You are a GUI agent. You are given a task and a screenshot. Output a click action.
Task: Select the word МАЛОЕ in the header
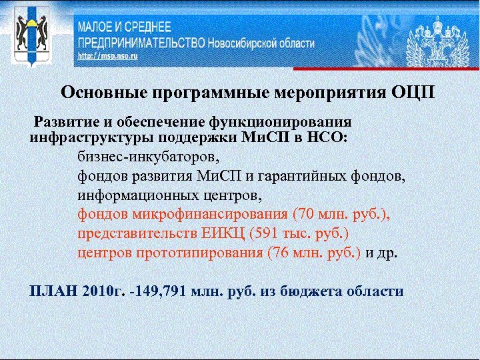tap(100, 27)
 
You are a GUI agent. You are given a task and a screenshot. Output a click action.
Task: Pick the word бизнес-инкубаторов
tap(147, 158)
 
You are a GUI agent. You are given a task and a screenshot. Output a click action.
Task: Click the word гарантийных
tap(317, 177)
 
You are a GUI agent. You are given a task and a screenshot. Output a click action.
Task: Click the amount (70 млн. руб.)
tap(341, 215)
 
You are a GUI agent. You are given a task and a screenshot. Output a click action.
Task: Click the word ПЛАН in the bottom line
tap(47, 291)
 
